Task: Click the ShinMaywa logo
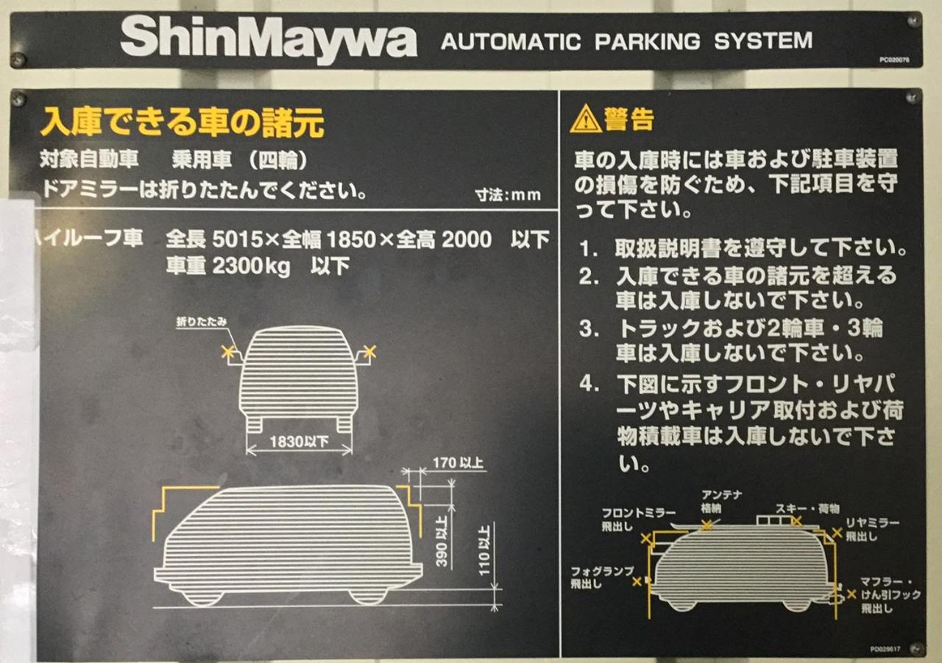point(269,40)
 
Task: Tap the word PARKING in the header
point(647,41)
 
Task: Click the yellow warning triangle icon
point(585,119)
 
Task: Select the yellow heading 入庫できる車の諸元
point(182,122)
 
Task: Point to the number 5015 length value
point(237,239)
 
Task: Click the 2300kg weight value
point(251,267)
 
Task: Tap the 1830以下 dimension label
point(299,441)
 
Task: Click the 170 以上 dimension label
point(458,463)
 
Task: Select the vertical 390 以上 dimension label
point(441,541)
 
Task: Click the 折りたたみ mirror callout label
point(202,322)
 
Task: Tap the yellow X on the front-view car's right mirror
point(369,352)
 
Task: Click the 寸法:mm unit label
point(508,195)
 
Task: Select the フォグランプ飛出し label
point(602,577)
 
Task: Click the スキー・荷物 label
point(807,509)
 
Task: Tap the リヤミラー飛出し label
point(873,530)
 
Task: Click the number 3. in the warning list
point(588,329)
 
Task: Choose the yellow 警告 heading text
point(629,119)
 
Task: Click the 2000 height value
point(467,239)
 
